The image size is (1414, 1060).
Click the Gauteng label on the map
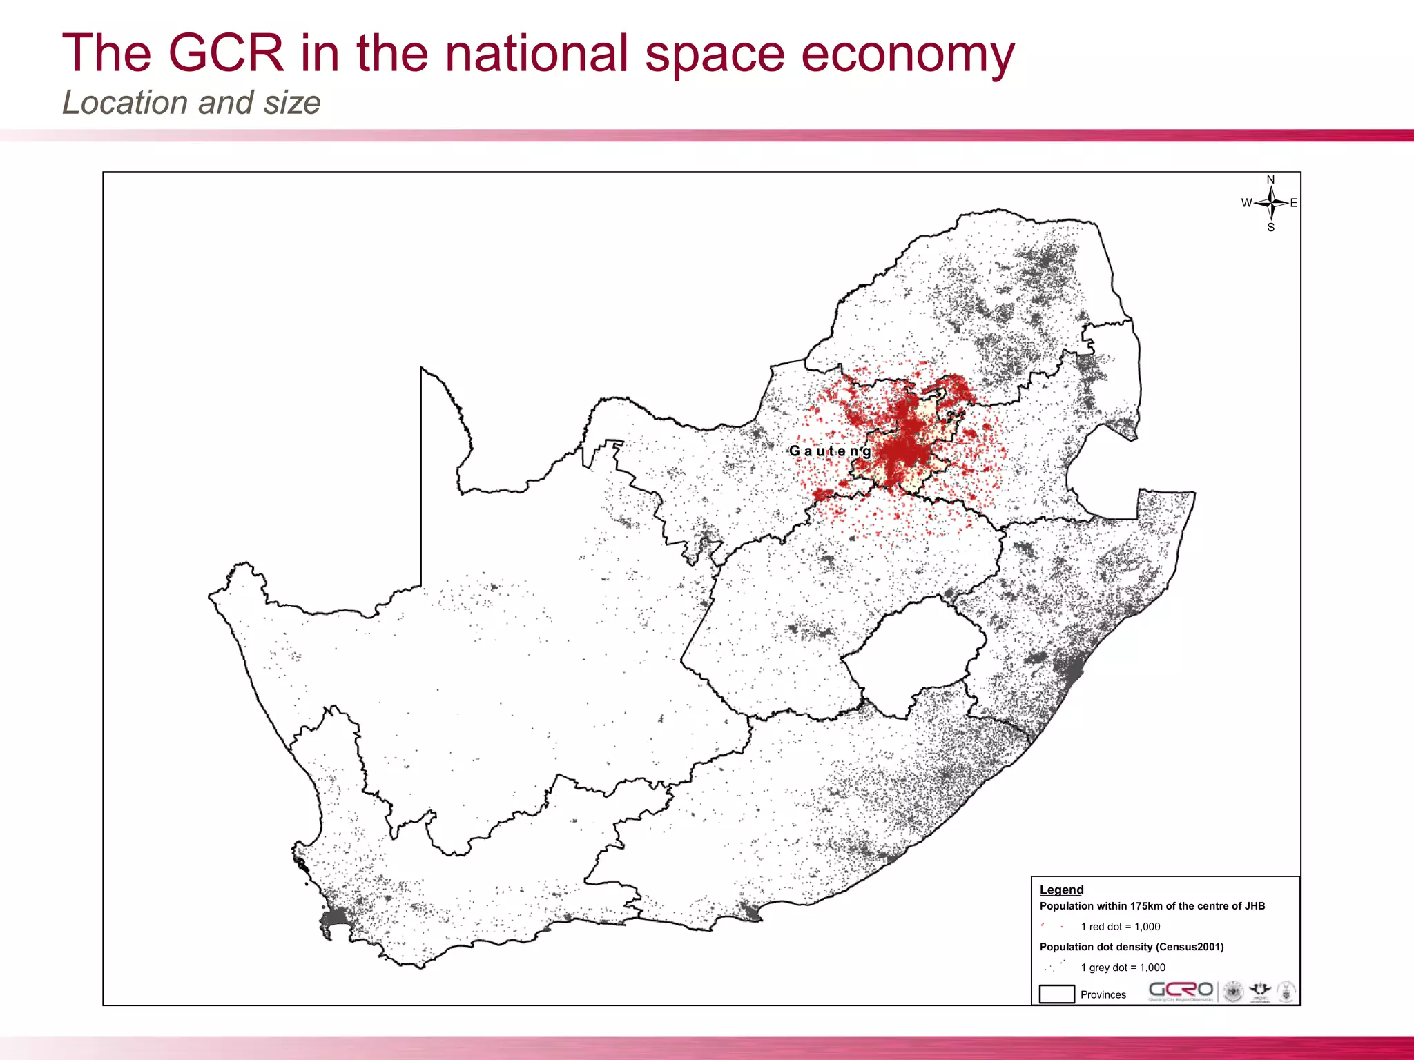click(x=830, y=451)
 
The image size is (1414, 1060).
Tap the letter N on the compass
click(x=1270, y=179)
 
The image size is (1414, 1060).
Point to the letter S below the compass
click(x=1270, y=227)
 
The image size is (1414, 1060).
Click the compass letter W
click(x=1246, y=203)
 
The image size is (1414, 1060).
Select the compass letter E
click(x=1294, y=203)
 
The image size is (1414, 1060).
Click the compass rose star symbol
click(x=1271, y=203)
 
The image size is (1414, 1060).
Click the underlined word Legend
click(x=1061, y=890)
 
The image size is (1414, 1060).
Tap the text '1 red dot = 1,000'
click(x=1120, y=927)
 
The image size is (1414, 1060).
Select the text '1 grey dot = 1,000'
click(x=1123, y=968)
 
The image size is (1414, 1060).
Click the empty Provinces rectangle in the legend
click(x=1056, y=994)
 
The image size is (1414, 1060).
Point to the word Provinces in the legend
click(x=1103, y=994)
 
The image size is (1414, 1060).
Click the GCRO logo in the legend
click(x=1180, y=991)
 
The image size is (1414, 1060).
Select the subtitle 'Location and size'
click(x=191, y=103)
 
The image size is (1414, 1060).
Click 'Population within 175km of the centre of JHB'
click(x=1152, y=906)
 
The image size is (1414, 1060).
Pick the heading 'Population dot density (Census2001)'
click(x=1131, y=947)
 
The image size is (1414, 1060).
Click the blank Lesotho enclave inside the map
click(x=911, y=656)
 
